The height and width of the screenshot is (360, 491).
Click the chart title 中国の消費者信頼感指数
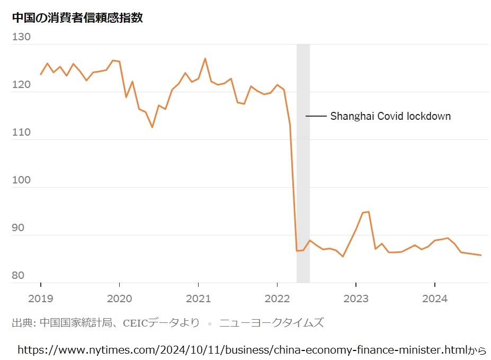(77, 17)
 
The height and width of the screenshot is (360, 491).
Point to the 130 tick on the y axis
(21, 37)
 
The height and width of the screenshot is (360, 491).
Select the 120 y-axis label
(21, 85)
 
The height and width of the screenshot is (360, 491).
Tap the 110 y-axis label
(21, 133)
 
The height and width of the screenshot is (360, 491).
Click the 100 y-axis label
(21, 180)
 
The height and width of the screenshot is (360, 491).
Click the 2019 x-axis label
(41, 298)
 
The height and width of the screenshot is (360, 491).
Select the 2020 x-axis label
(119, 298)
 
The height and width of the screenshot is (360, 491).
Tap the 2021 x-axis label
(198, 298)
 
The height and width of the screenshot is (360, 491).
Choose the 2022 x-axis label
(277, 298)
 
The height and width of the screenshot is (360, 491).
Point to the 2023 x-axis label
(355, 298)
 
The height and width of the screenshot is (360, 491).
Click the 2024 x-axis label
(434, 298)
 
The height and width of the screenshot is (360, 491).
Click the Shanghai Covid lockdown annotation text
(390, 116)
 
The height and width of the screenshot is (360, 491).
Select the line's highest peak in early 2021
(205, 58)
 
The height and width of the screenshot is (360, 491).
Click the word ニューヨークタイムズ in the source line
(271, 322)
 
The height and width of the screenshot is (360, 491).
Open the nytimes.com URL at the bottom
(242, 350)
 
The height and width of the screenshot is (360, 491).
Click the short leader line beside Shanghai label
(316, 116)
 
